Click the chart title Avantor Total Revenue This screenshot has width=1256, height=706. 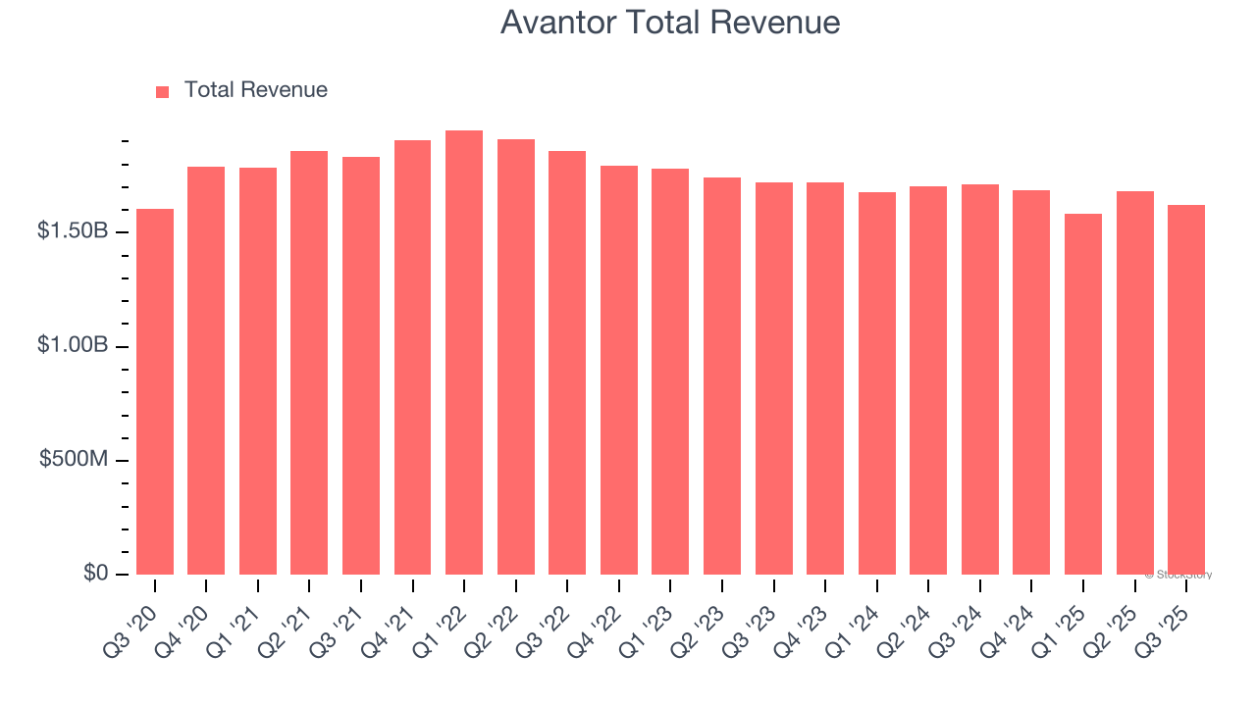[x=670, y=23]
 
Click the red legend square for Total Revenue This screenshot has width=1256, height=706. [x=163, y=91]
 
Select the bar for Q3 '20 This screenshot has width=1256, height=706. [x=155, y=392]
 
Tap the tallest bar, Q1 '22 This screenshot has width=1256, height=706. [x=464, y=353]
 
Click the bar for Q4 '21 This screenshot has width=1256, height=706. [x=412, y=358]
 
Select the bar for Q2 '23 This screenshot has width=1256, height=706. [x=722, y=377]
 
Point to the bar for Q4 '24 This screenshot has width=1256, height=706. [x=1031, y=382]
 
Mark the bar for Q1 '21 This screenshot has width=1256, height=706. [x=258, y=372]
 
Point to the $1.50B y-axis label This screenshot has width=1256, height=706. [x=72, y=231]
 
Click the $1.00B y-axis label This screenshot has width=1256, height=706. [x=72, y=346]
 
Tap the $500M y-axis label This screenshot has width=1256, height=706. [x=74, y=460]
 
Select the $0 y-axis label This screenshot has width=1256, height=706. [x=95, y=573]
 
